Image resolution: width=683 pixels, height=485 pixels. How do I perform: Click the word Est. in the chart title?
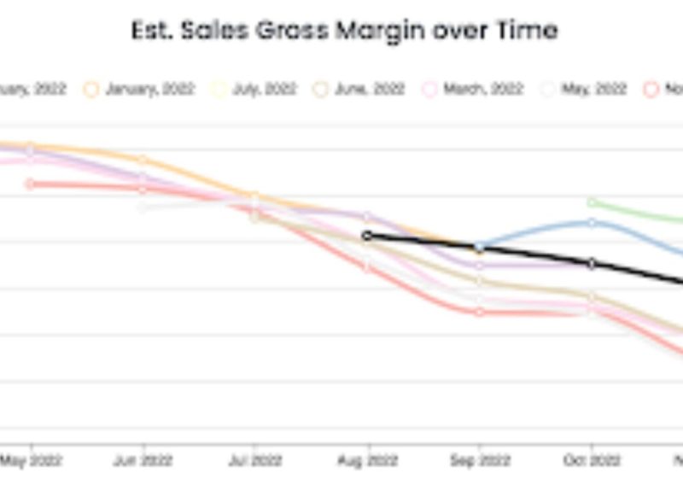151,31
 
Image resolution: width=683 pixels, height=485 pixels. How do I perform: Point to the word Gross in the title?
286,31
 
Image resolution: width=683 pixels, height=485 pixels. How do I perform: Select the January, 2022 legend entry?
140,89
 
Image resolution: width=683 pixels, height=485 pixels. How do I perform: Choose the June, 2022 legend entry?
362,89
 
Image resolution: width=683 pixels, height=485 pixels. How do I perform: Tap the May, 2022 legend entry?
585,89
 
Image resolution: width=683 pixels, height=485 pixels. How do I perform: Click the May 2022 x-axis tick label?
32,461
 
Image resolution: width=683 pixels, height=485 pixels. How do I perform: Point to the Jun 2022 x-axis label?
143,461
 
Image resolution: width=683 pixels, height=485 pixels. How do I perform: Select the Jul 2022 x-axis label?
254,461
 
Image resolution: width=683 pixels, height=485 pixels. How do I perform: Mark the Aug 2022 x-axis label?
367,461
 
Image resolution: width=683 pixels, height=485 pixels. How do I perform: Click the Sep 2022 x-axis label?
479,461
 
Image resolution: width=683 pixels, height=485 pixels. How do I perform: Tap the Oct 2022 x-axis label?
591,461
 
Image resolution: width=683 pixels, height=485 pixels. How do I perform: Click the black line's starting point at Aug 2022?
367,236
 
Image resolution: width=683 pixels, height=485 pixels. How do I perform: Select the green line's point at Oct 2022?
592,202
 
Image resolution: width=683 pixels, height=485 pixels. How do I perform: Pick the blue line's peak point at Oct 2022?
592,223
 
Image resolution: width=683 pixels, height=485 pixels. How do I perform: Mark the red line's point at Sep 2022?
480,312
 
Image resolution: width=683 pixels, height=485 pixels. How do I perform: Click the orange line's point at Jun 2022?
143,160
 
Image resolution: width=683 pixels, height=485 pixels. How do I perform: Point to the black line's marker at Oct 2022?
592,263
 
